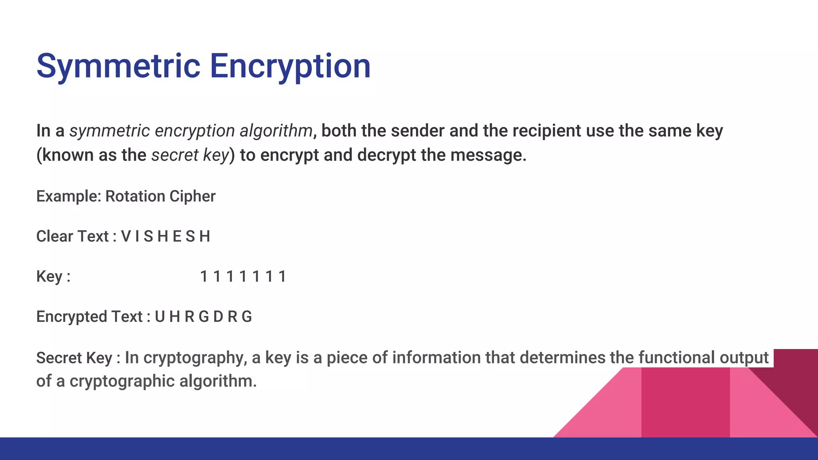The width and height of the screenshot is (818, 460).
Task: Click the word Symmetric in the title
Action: click(118, 66)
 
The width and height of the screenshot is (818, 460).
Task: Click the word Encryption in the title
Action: click(290, 66)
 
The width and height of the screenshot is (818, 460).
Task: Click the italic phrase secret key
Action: click(190, 155)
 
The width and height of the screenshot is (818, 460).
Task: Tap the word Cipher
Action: click(193, 196)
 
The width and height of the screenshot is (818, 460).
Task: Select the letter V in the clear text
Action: click(126, 236)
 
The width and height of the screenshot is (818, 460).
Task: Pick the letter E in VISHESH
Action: click(177, 236)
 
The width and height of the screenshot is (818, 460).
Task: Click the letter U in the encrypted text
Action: click(160, 317)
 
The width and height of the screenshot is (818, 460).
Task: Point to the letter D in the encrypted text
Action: click(218, 317)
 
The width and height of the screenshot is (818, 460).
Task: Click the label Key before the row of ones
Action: click(49, 276)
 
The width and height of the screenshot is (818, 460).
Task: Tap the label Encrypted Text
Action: click(89, 317)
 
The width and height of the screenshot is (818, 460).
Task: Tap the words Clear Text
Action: click(72, 236)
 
